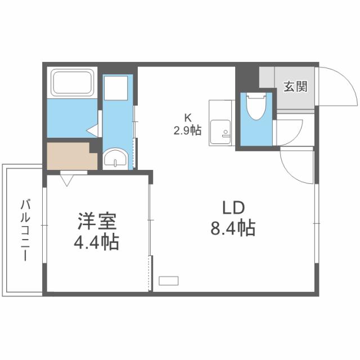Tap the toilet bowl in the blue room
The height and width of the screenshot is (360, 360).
pos(256,107)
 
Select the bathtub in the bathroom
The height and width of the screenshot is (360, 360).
pos(74,83)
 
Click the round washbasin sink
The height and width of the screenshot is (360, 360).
pos(116,159)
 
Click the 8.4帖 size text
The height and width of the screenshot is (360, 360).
pos(232,228)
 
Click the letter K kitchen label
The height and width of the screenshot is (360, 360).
pos(189,118)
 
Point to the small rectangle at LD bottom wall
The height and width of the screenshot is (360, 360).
pos(168,280)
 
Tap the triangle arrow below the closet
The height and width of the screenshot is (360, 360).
pos(68,181)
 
